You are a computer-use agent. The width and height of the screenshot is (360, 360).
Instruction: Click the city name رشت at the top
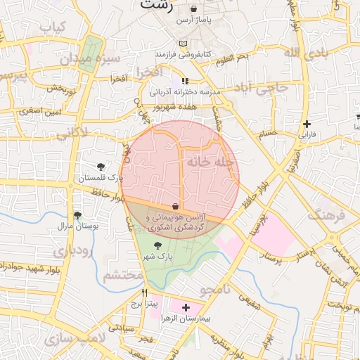[x=155, y=5]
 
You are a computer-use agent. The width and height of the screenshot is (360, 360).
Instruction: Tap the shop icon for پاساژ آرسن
[x=193, y=9]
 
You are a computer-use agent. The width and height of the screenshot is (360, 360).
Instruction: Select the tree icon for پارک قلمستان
[x=101, y=167]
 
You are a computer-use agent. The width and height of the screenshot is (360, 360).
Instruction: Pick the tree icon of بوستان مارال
[x=77, y=215]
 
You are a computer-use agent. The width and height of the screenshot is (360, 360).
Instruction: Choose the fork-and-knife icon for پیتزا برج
[x=145, y=293]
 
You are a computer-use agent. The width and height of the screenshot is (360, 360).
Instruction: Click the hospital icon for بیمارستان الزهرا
[x=186, y=307]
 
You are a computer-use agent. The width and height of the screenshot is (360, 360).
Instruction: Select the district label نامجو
[x=218, y=289]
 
